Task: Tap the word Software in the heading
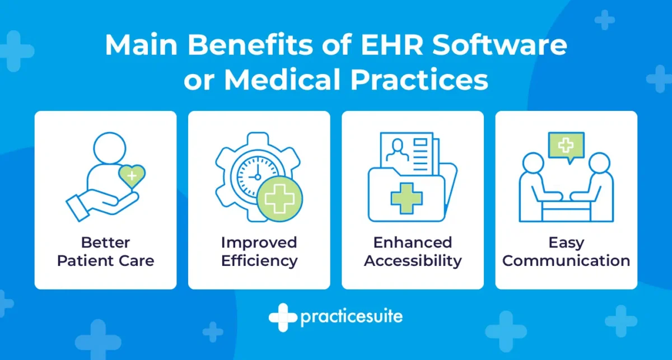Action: [x=500, y=45]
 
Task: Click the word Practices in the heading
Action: [x=419, y=80]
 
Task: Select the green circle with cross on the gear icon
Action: [x=279, y=199]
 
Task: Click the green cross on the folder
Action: [x=407, y=198]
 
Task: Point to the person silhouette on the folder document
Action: [x=397, y=150]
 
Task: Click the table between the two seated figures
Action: [x=566, y=211]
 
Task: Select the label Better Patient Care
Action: [x=106, y=251]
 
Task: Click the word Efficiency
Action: [x=259, y=261]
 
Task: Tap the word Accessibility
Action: [x=413, y=261]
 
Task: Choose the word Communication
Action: [x=566, y=261]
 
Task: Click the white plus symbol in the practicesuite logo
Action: [x=283, y=317]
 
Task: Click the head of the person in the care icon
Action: [x=110, y=148]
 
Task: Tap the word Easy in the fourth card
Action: [x=566, y=243]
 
